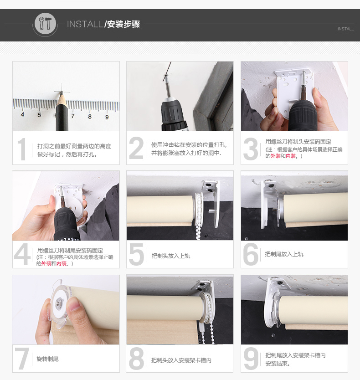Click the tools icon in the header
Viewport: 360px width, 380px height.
click(45, 24)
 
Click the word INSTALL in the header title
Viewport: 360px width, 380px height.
click(85, 24)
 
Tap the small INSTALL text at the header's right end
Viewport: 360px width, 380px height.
click(346, 29)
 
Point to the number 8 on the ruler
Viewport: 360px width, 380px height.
click(90, 117)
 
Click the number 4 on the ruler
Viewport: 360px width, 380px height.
click(22, 114)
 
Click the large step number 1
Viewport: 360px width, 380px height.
click(22, 149)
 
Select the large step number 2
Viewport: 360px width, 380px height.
click(136, 148)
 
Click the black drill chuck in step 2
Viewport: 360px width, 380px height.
click(173, 113)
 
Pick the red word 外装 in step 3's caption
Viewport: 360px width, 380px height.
click(275, 156)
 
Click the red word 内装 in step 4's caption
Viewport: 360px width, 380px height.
click(62, 263)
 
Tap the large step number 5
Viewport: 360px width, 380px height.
click(137, 254)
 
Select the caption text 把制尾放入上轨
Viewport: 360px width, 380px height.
click(284, 254)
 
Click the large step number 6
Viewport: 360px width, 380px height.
click(251, 254)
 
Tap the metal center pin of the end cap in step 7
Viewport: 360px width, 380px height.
click(59, 302)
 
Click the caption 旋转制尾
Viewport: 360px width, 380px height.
click(47, 359)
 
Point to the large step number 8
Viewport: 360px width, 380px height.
click(136, 359)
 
